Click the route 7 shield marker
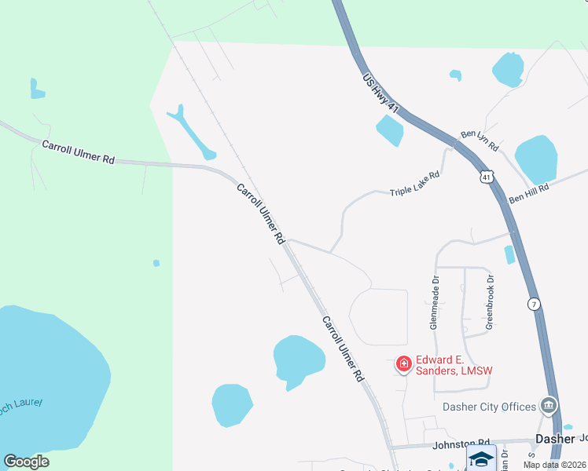(x=534, y=304)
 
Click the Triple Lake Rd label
(x=414, y=186)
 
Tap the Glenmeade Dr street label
(x=433, y=301)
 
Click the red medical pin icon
(x=404, y=363)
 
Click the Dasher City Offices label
(x=489, y=407)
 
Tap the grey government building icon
(x=549, y=406)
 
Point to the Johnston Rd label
(x=461, y=444)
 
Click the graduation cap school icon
(x=481, y=459)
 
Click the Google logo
(x=26, y=462)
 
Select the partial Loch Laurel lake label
(x=22, y=404)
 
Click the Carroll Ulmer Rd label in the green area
(x=78, y=152)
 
